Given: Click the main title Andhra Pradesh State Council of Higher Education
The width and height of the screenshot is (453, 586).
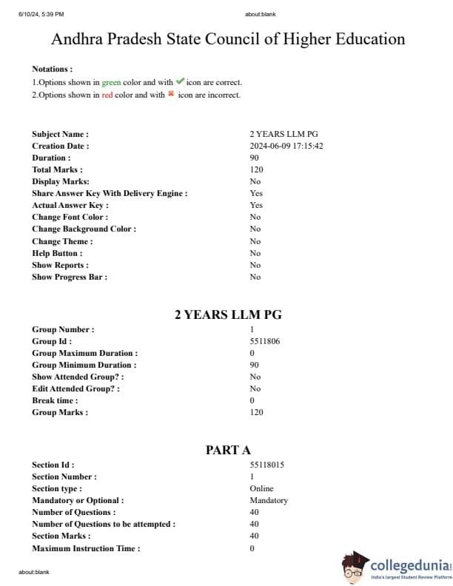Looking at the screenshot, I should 228,40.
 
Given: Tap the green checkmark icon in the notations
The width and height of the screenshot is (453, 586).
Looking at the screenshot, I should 180,82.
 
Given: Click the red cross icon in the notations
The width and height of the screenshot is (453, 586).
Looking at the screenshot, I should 170,95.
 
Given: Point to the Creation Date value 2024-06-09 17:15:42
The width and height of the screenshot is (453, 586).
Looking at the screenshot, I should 286,146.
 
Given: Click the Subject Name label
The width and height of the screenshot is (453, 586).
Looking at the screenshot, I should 60,134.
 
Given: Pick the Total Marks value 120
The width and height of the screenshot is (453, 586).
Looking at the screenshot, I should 257,169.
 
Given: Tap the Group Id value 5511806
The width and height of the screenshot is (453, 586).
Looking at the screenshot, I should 265,341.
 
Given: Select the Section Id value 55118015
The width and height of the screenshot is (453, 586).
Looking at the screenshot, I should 267,465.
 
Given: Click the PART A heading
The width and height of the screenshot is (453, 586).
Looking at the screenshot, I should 228,450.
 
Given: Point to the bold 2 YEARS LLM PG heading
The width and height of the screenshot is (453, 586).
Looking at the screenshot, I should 228,314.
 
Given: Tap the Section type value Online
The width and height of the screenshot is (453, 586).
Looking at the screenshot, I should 261,488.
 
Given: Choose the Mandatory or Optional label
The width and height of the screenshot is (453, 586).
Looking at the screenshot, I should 78,500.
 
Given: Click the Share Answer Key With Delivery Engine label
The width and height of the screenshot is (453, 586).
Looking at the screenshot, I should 110,193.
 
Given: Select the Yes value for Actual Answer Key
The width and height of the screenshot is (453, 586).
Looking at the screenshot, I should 256,205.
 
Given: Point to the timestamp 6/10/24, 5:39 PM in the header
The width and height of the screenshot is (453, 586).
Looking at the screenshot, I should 41,14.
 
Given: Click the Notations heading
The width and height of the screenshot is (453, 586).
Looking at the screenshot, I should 52,69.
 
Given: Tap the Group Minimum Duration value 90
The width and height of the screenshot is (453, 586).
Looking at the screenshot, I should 255,365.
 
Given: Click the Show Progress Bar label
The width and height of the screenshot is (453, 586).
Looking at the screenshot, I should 70,277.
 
